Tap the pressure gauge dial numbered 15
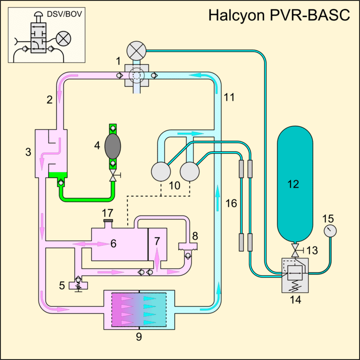point(328,232)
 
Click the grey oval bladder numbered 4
point(113,145)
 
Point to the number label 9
point(139,336)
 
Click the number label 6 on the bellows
point(114,243)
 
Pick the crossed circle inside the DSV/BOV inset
point(63,38)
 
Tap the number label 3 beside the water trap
point(28,153)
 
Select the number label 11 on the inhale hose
point(229,97)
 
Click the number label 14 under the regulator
point(294,301)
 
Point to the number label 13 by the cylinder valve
point(313,251)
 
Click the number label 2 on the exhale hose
point(49,100)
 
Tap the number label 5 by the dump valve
point(62,285)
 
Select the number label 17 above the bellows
point(108,212)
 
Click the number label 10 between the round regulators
point(176,185)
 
